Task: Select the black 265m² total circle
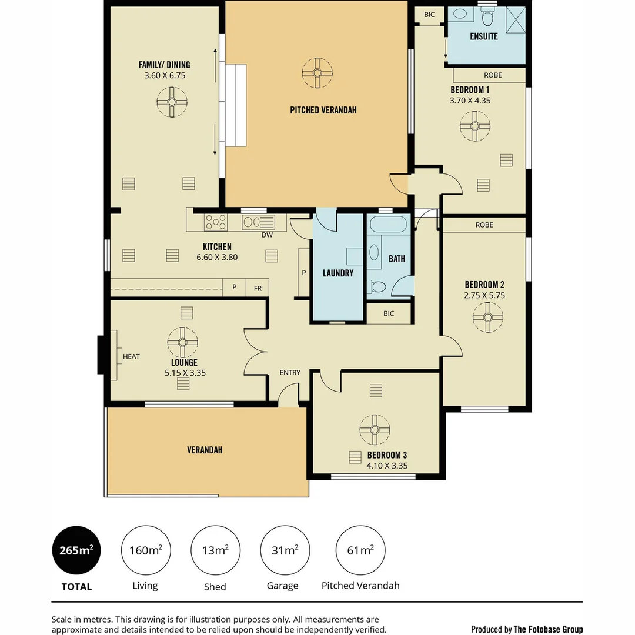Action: (x=76, y=550)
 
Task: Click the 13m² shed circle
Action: (x=215, y=550)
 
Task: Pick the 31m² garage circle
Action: (x=285, y=550)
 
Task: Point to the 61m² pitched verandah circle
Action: (x=360, y=550)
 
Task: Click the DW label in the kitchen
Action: (x=267, y=235)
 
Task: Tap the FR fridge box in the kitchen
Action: (x=258, y=288)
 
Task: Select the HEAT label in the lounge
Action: (x=131, y=356)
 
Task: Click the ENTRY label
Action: (x=290, y=373)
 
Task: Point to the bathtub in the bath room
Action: (x=388, y=225)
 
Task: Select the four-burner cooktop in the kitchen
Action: (x=216, y=222)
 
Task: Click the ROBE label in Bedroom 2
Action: (x=484, y=225)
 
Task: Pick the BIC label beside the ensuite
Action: (x=429, y=15)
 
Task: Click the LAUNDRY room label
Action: (x=338, y=273)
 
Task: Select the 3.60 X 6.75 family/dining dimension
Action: (x=164, y=75)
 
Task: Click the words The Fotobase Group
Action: (x=548, y=629)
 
